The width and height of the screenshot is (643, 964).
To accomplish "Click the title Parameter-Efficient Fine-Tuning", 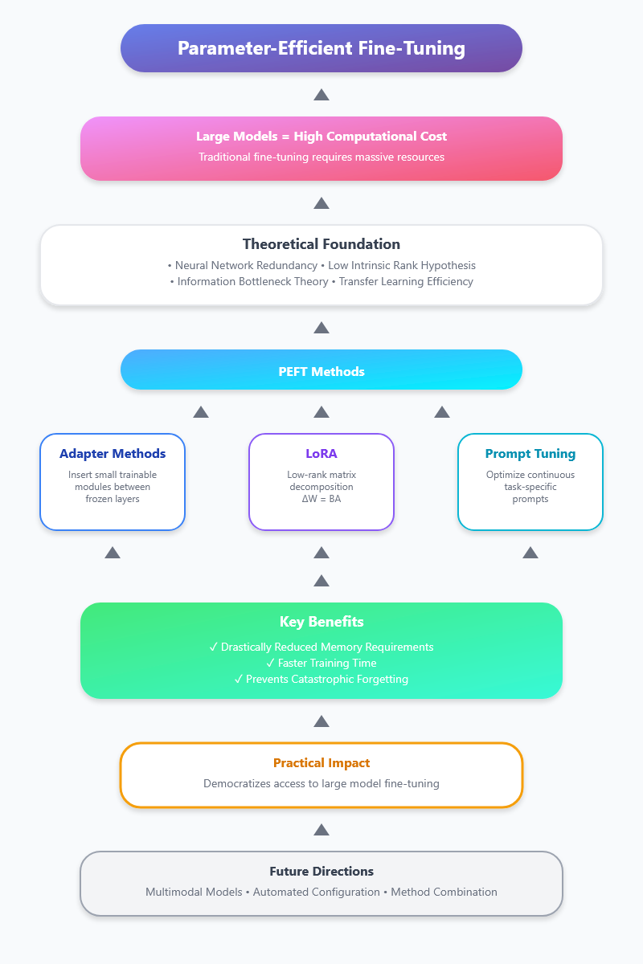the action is tap(321, 48).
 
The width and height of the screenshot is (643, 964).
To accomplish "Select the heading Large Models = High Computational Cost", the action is tap(321, 137).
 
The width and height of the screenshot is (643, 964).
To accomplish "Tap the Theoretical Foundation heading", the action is tap(321, 244).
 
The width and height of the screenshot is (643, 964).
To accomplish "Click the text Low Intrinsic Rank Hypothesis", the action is tap(402, 266).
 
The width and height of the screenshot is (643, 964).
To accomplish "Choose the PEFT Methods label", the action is tap(321, 371).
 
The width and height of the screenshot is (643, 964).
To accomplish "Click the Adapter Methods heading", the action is tap(113, 454).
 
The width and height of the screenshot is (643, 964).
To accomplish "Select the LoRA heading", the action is tap(321, 454).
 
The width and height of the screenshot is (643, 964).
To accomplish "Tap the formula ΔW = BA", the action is tap(321, 499).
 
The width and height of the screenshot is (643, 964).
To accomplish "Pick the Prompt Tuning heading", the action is tap(530, 454).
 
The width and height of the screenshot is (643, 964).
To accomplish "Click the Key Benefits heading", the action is tap(321, 622).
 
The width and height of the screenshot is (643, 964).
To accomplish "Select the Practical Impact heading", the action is tap(321, 763).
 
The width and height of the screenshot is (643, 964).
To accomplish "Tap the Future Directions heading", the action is tap(321, 872).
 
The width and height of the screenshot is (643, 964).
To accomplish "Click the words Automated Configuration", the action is tap(316, 893).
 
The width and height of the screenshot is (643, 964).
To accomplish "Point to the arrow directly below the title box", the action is tap(321, 95).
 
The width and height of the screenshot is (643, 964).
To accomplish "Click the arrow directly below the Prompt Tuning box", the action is tap(530, 553).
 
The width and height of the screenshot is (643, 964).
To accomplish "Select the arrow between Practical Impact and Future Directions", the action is tap(321, 830).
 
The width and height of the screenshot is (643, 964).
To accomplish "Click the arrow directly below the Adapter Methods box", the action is tap(113, 553).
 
